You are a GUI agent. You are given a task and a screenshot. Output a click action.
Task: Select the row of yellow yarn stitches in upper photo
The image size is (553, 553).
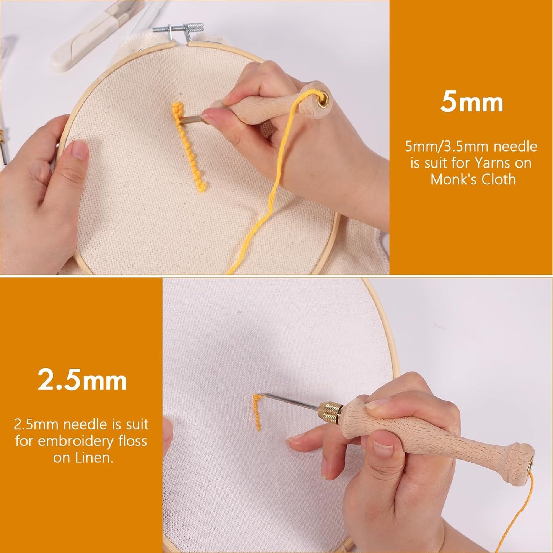coord(190,145)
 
